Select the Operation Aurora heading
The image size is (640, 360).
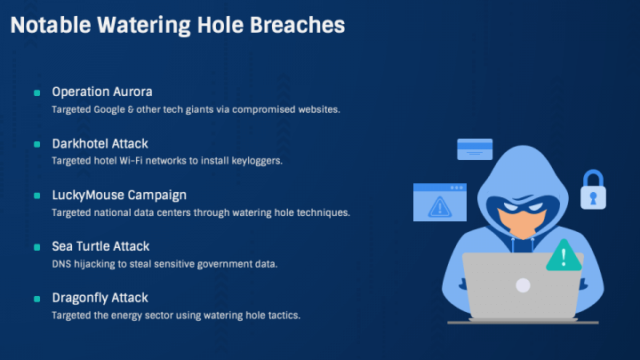[102, 92]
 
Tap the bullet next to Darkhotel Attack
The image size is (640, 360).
[36, 144]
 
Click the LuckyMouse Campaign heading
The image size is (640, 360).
[119, 195]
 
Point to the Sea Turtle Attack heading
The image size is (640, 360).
[100, 246]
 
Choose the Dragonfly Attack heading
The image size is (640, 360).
[100, 298]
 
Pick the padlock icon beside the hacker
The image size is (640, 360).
[593, 190]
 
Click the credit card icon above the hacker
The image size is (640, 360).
[475, 149]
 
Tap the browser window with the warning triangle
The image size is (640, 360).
[440, 203]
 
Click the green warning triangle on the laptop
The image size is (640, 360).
[564, 255]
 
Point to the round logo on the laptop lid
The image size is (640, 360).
[523, 285]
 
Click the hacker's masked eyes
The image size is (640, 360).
[523, 206]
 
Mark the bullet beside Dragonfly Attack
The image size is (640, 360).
[36, 299]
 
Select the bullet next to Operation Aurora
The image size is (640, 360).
[36, 93]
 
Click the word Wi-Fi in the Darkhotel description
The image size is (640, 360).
[131, 161]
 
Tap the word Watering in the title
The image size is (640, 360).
[144, 26]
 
